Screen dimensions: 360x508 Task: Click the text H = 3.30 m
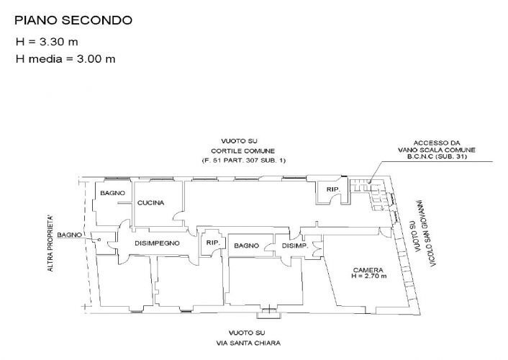(47, 42)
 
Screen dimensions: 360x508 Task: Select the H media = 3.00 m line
(65, 58)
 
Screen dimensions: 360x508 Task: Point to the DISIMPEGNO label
(157, 243)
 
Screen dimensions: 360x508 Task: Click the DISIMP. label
(294, 246)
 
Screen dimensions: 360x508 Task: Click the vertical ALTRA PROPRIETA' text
(50, 243)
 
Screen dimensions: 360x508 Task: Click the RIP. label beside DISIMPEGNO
(212, 243)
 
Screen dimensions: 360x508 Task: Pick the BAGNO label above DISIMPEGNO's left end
(113, 194)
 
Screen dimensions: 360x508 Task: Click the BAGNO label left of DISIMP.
(246, 246)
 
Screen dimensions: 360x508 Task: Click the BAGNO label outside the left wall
(70, 235)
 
